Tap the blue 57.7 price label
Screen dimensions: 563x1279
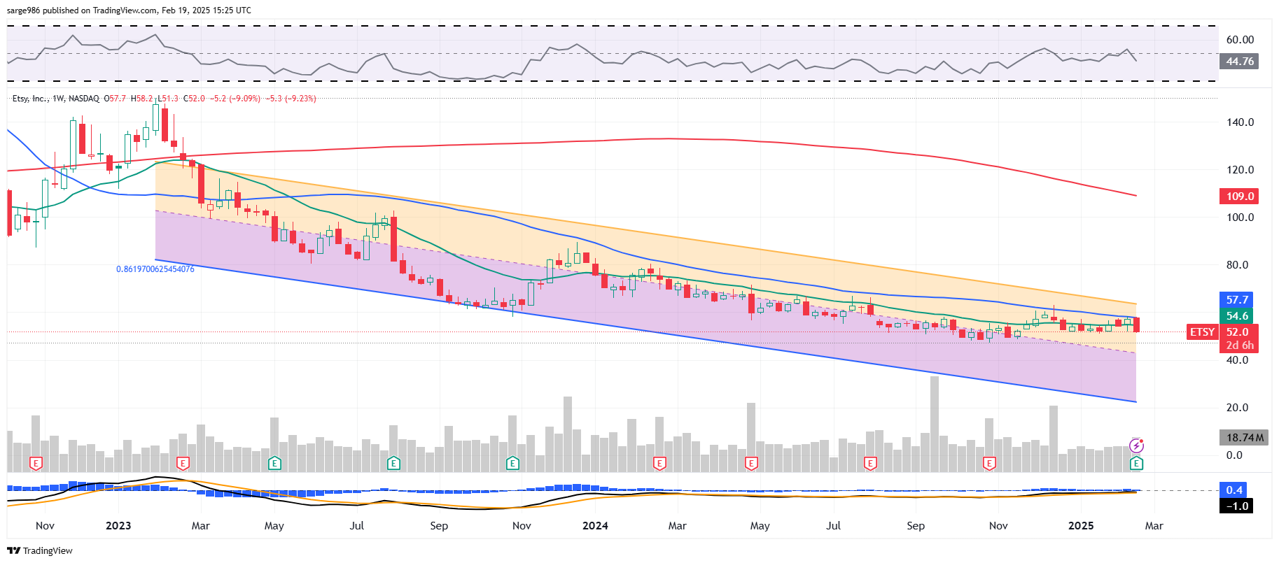click(1237, 299)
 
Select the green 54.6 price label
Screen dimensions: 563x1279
click(1237, 316)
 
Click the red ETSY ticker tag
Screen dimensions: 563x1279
click(1202, 332)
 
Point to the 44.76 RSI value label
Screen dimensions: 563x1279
click(1239, 62)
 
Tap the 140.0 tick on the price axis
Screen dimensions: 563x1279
click(1240, 122)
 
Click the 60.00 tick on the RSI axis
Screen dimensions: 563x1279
click(1240, 40)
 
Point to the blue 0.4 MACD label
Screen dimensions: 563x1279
click(1234, 490)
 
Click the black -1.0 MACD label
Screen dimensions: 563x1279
click(1236, 506)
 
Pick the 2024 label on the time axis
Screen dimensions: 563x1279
click(595, 526)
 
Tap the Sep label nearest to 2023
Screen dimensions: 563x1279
click(439, 526)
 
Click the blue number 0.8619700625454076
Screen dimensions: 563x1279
click(155, 269)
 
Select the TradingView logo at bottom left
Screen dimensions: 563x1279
click(40, 551)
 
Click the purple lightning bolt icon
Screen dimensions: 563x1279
click(1137, 446)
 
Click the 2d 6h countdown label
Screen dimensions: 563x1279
click(1240, 345)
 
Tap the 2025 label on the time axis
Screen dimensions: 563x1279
click(1081, 526)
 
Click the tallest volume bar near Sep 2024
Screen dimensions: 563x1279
click(934, 424)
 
